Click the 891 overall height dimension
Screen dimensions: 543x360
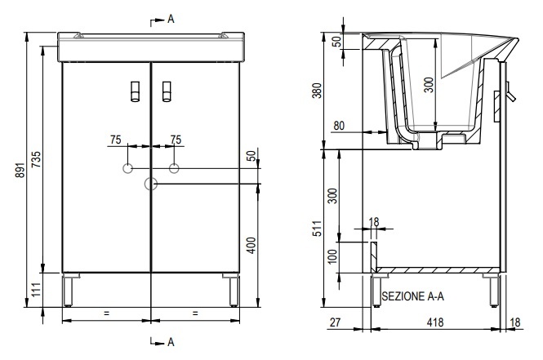tap(20, 170)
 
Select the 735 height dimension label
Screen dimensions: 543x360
tap(36, 159)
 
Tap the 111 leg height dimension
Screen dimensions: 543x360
tap(37, 290)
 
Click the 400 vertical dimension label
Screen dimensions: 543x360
tap(251, 245)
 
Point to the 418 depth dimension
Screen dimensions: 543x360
tap(435, 322)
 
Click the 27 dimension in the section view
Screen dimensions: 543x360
tap(335, 322)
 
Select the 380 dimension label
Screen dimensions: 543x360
tap(317, 91)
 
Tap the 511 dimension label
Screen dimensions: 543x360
tap(317, 229)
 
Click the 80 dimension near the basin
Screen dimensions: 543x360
tap(339, 126)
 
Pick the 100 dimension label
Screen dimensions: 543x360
tap(332, 256)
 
